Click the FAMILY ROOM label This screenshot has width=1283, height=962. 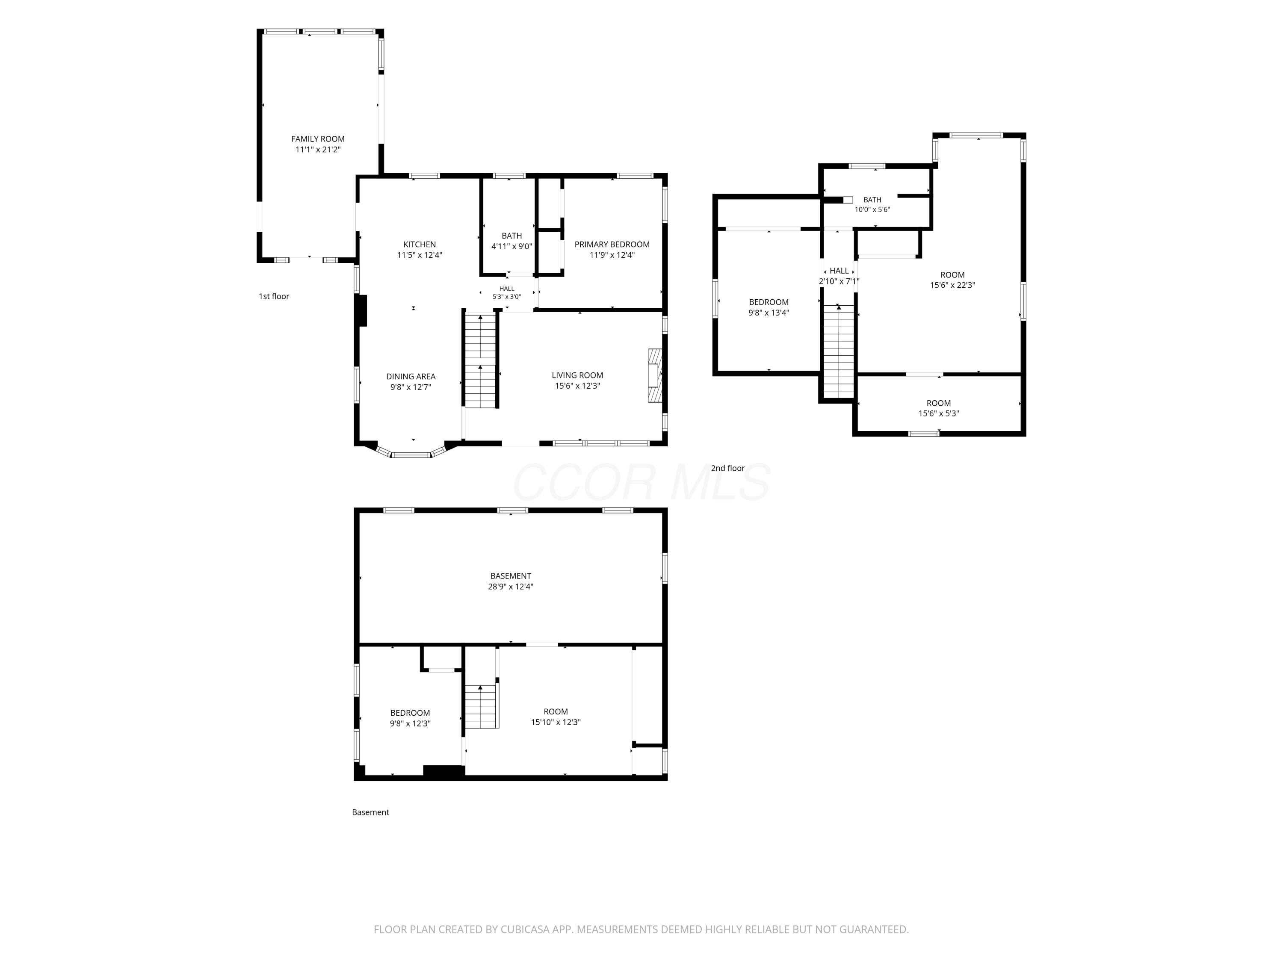coord(318,139)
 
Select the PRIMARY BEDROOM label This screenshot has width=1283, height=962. coord(612,245)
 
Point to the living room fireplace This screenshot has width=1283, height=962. coord(655,375)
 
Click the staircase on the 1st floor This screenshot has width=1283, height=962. coord(481,361)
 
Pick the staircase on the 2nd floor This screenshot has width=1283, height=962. coord(839,351)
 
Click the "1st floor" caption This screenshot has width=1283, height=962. coord(274,296)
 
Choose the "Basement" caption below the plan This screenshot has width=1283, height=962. coord(371,812)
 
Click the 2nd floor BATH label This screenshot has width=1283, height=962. coord(872,200)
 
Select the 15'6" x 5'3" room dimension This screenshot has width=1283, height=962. coord(938,414)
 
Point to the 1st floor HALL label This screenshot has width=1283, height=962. coord(507,289)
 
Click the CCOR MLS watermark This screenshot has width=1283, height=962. coord(641,482)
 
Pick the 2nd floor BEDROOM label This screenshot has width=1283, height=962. coord(769,302)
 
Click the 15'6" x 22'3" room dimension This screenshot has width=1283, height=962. coord(952,285)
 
